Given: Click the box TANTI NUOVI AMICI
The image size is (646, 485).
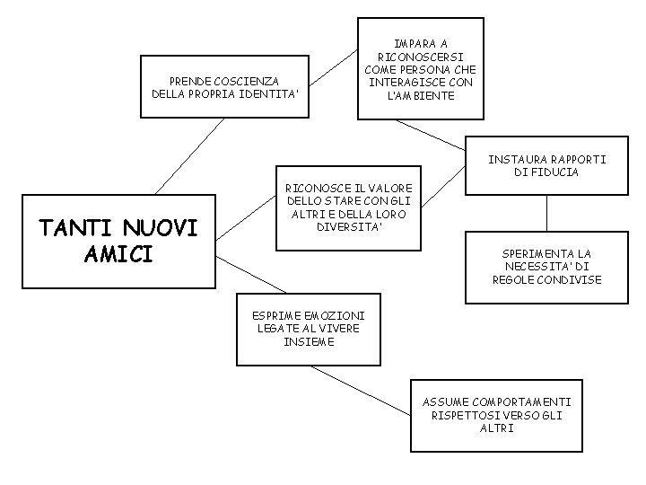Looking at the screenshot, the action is click(118, 241).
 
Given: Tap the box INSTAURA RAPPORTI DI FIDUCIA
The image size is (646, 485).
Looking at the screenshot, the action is click(546, 165).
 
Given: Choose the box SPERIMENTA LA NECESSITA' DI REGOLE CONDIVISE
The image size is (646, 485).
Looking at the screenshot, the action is click(546, 267).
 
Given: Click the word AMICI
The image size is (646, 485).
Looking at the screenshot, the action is click(118, 254).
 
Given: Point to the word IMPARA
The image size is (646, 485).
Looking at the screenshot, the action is click(421, 43).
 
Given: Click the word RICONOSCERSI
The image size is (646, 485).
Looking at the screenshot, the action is click(421, 57).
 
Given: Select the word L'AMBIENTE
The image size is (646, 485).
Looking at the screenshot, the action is click(421, 96).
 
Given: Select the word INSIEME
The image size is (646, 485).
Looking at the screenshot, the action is click(308, 341).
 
